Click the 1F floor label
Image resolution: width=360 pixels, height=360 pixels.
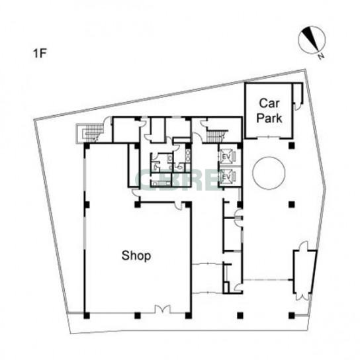pos(40,53)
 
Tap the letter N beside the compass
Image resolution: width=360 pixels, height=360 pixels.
pos(321,56)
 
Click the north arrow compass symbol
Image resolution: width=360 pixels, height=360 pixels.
pos(312,40)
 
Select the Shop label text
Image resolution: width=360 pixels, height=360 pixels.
pos(136,255)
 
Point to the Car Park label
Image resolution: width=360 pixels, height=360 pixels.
pos(269,111)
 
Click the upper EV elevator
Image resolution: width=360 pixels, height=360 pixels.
pos(226,156)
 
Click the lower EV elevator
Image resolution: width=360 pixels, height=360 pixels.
pos(226,177)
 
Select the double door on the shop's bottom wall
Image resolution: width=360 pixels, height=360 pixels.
pos(163,309)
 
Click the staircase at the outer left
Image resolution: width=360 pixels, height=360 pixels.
pos(89,133)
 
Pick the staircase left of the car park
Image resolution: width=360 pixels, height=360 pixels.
pos(215,136)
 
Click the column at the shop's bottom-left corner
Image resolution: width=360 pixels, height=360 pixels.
pos(87,316)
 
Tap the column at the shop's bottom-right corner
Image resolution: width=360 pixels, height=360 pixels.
pos(188,316)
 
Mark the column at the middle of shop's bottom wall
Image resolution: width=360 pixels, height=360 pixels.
pos(137,316)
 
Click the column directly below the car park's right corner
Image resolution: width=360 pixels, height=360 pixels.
pos(292,146)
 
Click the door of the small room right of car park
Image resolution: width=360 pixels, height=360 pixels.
pos(298,107)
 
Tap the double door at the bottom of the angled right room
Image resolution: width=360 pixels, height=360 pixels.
pos(302,296)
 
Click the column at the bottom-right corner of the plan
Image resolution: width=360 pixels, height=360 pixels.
pos(292,316)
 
